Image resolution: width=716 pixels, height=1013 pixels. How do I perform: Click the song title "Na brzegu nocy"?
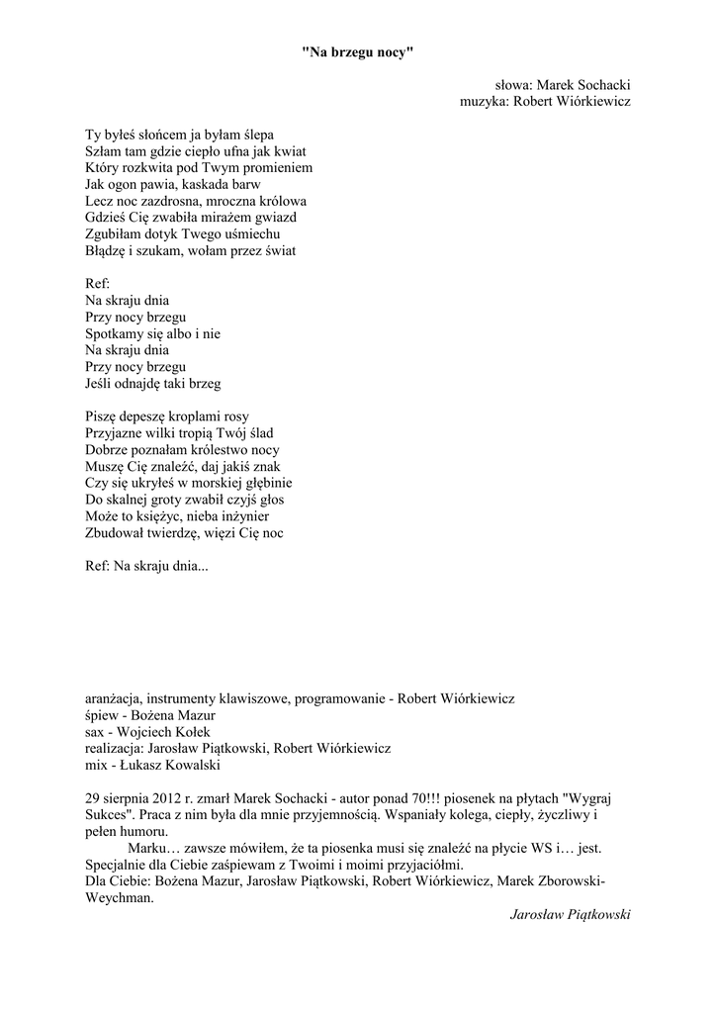[x=357, y=52]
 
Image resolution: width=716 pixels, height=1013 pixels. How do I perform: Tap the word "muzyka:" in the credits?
[x=484, y=101]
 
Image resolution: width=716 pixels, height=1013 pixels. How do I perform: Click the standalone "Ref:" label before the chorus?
[x=98, y=284]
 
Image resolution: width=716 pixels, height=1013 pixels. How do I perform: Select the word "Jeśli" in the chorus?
[x=98, y=383]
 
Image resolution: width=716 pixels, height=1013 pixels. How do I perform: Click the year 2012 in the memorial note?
[x=165, y=798]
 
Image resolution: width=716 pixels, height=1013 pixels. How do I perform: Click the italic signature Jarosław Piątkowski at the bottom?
[x=570, y=915]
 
